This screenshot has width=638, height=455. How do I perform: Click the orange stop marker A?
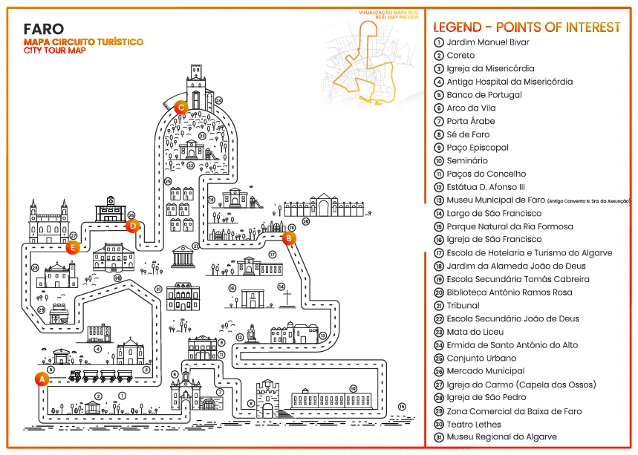pos(42,379)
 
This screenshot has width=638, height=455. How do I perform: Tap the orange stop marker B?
pos(289,238)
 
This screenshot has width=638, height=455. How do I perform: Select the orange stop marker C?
pos(180,107)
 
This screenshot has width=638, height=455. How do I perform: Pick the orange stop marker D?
pos(132,226)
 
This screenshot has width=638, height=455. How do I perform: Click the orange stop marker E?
pos(72,248)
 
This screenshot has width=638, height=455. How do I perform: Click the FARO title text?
pos(44,30)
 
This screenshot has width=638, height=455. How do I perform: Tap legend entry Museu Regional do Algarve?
pos(501,437)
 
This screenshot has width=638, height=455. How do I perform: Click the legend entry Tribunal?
pos(463,305)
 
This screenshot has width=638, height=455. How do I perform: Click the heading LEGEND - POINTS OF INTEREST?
pos(527,27)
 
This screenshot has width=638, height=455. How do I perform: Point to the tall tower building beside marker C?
pos(196,88)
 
